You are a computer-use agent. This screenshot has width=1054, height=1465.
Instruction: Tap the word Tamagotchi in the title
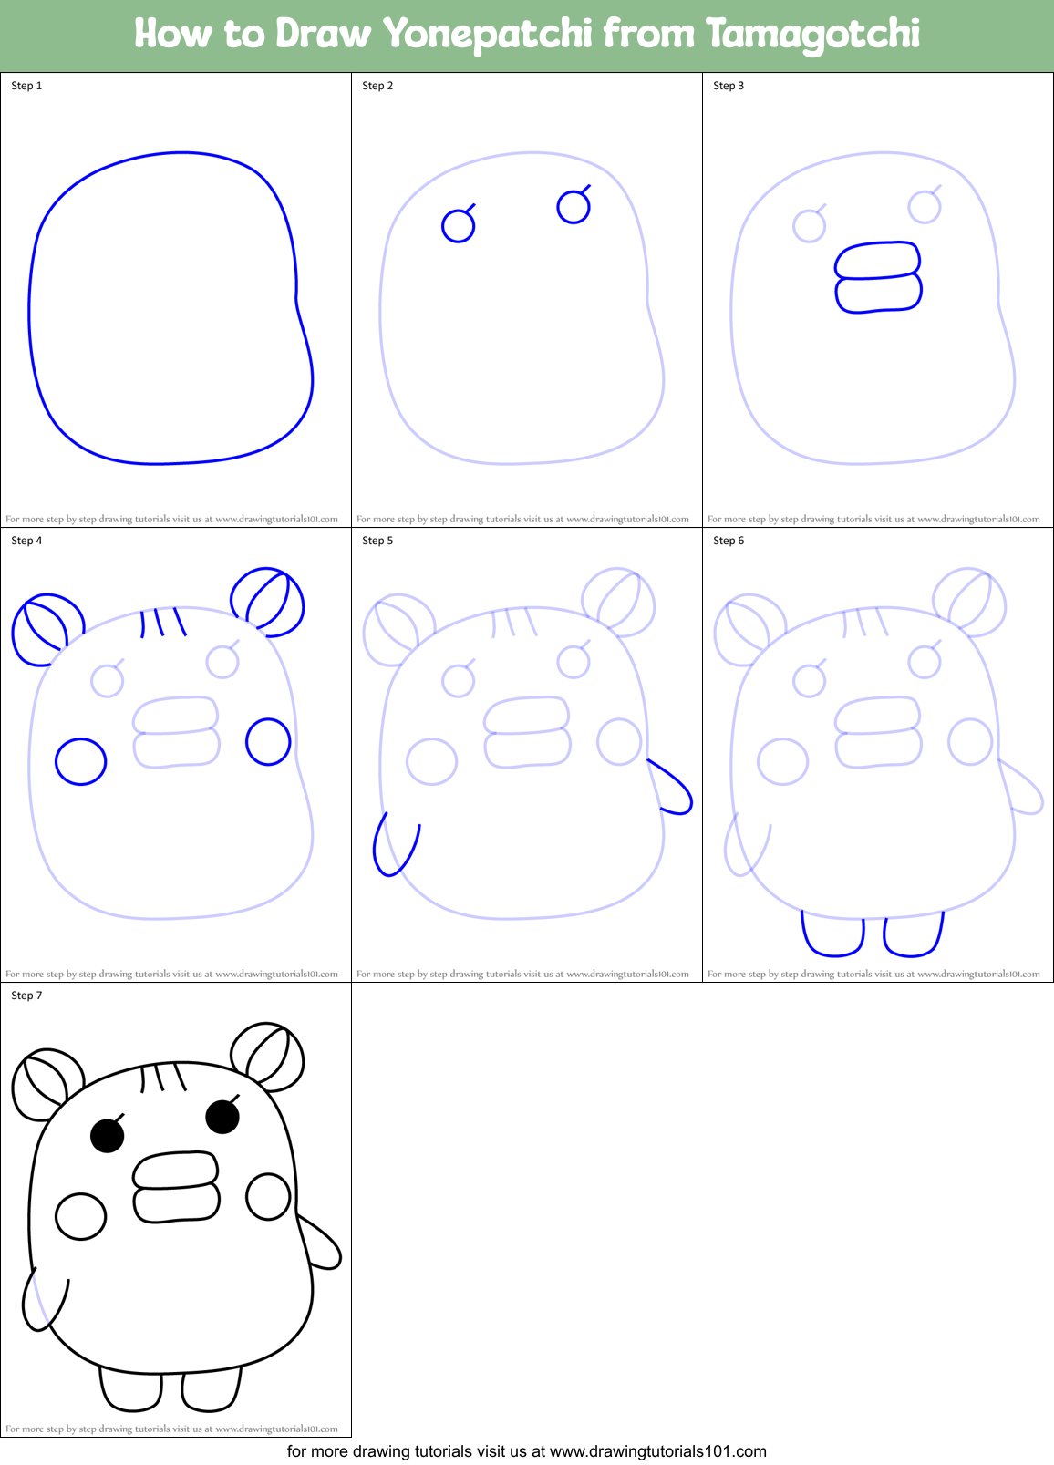click(812, 35)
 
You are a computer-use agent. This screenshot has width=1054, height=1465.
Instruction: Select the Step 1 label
click(26, 86)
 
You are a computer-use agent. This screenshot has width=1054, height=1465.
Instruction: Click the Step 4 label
click(26, 541)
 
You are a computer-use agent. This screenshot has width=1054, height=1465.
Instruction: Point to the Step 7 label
click(26, 996)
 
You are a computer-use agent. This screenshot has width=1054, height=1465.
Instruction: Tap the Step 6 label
click(728, 541)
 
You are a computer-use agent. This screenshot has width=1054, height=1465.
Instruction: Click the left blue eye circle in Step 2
click(458, 226)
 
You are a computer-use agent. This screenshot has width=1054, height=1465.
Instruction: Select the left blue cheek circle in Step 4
click(81, 761)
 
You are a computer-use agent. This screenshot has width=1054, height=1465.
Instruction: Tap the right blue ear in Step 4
click(267, 601)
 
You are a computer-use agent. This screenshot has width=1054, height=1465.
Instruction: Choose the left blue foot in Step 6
click(832, 934)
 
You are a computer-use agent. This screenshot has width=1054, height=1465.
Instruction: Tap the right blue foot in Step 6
click(914, 934)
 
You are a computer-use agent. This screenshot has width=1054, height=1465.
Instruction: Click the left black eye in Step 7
click(108, 1136)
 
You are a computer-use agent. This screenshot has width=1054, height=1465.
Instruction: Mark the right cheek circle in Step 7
click(268, 1196)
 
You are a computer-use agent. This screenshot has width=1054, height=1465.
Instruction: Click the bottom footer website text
click(527, 1451)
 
